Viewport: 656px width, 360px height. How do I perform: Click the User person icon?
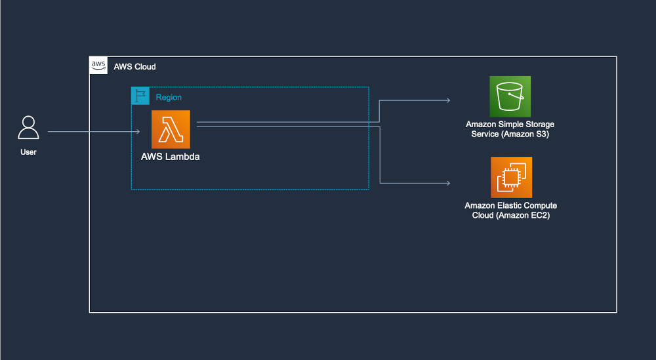pyautogui.click(x=28, y=128)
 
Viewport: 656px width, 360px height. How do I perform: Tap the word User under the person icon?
pyautogui.click(x=28, y=152)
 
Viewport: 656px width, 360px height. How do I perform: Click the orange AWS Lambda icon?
pyautogui.click(x=171, y=129)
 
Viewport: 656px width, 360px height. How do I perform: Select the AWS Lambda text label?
pyautogui.click(x=171, y=157)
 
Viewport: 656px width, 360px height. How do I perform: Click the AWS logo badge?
pyautogui.click(x=98, y=65)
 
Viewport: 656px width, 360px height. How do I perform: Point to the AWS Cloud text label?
pyautogui.click(x=134, y=67)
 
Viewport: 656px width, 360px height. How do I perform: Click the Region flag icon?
pyautogui.click(x=140, y=96)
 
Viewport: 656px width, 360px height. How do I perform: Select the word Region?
pyautogui.click(x=169, y=97)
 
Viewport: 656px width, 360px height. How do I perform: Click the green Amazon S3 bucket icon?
pyautogui.click(x=510, y=96)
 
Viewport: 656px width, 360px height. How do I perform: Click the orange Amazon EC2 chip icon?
pyautogui.click(x=511, y=177)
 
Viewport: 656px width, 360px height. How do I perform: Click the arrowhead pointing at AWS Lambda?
pyautogui.click(x=138, y=132)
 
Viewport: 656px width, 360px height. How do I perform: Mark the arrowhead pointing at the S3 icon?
pyautogui.click(x=448, y=100)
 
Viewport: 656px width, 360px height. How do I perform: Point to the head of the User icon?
pyautogui.click(x=28, y=121)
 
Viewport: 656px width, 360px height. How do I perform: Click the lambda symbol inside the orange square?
pyautogui.click(x=171, y=130)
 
